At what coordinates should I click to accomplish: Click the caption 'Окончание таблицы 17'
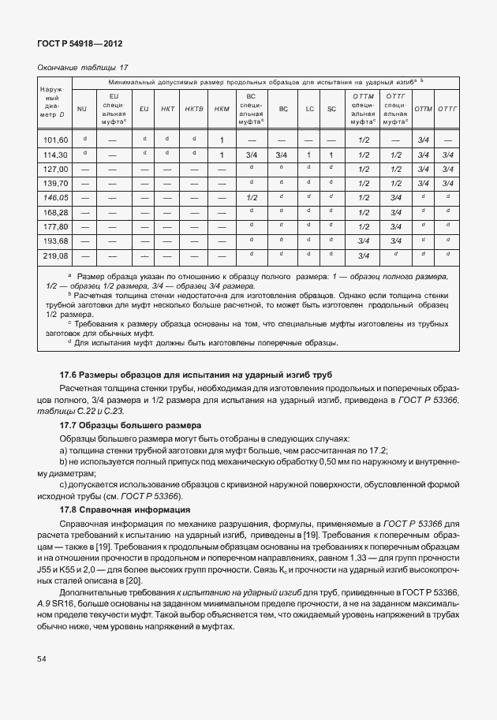[x=83, y=68]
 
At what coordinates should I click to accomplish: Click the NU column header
[x=81, y=109]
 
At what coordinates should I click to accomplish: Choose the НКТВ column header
[x=194, y=109]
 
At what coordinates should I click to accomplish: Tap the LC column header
[x=309, y=109]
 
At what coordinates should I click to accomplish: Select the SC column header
[x=331, y=109]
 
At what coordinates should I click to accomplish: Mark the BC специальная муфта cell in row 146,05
[x=252, y=197]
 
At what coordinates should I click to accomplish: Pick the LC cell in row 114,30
[x=309, y=155]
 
